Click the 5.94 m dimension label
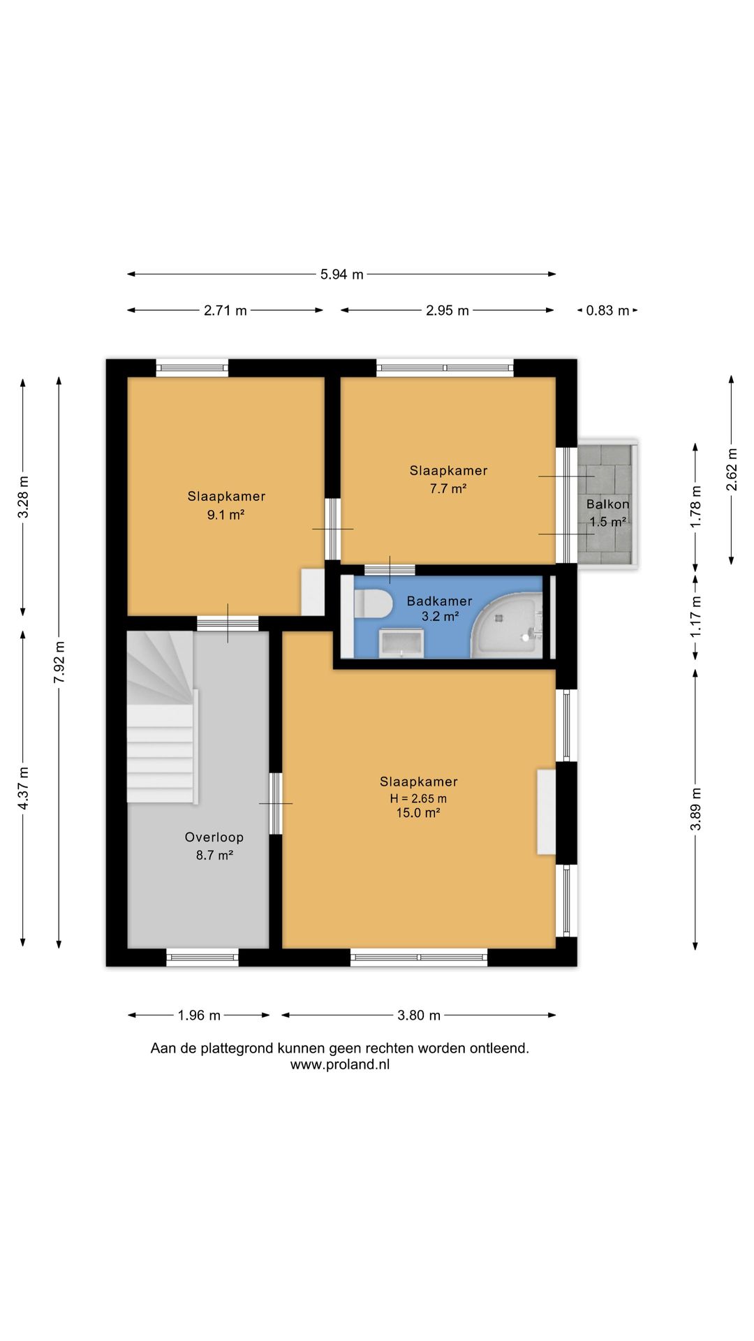click(342, 274)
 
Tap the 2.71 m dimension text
click(226, 311)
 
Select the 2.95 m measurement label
click(448, 311)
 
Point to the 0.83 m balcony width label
click(607, 311)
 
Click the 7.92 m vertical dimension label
click(59, 664)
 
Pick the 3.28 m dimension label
click(24, 497)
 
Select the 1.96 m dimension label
click(199, 1016)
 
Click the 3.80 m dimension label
click(419, 1016)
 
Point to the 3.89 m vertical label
click(695, 809)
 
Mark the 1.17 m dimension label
click(695, 615)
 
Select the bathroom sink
click(401, 643)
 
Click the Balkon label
click(608, 504)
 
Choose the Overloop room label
click(214, 837)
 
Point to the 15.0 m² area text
click(418, 813)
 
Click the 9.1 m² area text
click(226, 515)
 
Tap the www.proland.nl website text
click(340, 1065)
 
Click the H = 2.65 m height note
click(418, 798)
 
